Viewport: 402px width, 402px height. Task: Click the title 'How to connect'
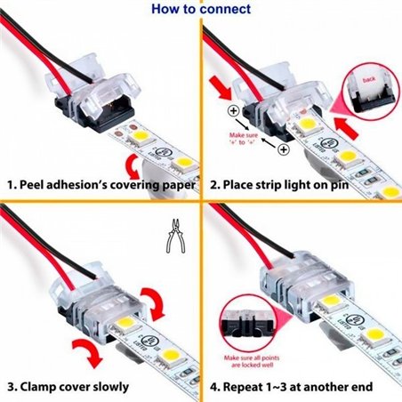[x=200, y=10]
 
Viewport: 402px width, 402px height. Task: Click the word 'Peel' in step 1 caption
[x=36, y=186]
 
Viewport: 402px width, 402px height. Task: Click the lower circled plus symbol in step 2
[x=284, y=150]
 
